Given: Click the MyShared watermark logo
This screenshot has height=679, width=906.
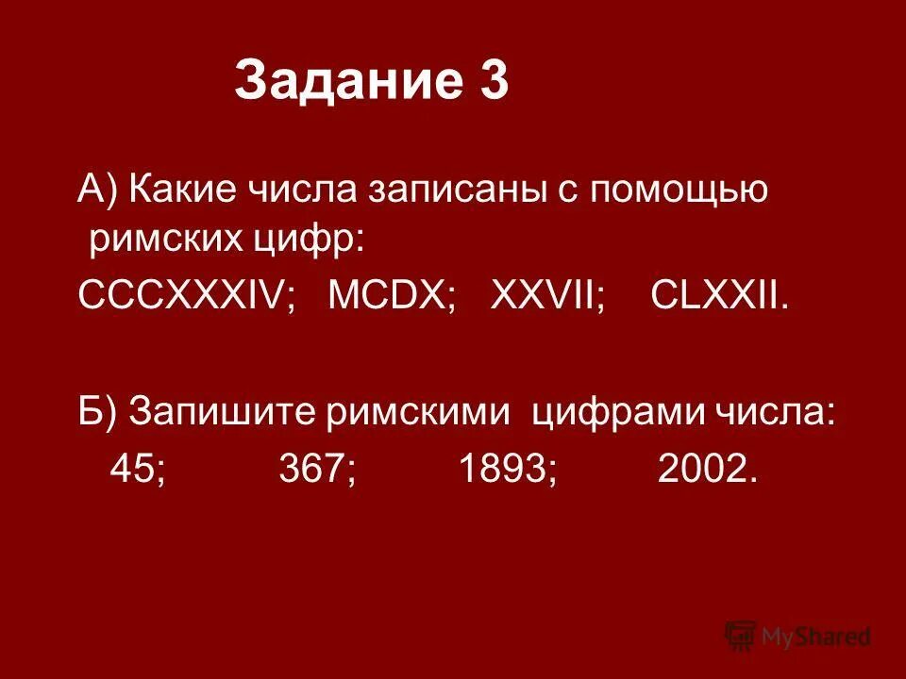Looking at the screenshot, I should [x=798, y=636].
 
